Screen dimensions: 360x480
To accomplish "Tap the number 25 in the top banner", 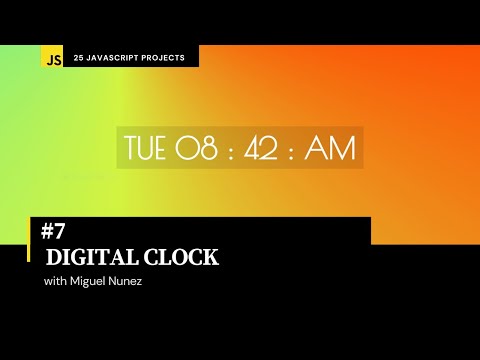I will click(x=79, y=58).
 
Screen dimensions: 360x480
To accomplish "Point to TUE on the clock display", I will click(x=146, y=147).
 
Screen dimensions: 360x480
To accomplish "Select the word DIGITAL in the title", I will click(x=88, y=257).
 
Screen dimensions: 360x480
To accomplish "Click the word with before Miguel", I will click(x=58, y=281).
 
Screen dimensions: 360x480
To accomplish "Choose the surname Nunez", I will click(x=135, y=281).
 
